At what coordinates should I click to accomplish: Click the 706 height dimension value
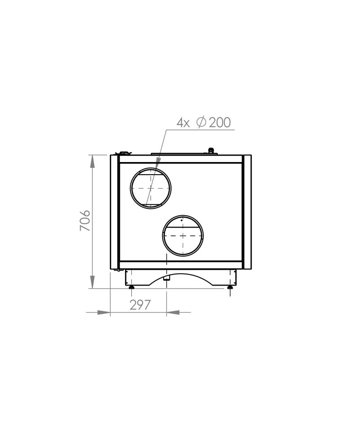tap(85, 220)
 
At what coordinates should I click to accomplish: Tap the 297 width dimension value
tap(140, 305)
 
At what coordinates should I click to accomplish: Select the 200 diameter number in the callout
tap(220, 122)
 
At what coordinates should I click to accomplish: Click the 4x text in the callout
tap(183, 123)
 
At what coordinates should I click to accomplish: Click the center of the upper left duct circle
tap(151, 188)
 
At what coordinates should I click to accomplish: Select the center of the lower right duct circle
tap(183, 235)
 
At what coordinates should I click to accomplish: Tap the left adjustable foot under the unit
tap(132, 288)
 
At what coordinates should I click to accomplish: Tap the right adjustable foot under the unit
tap(229, 288)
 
